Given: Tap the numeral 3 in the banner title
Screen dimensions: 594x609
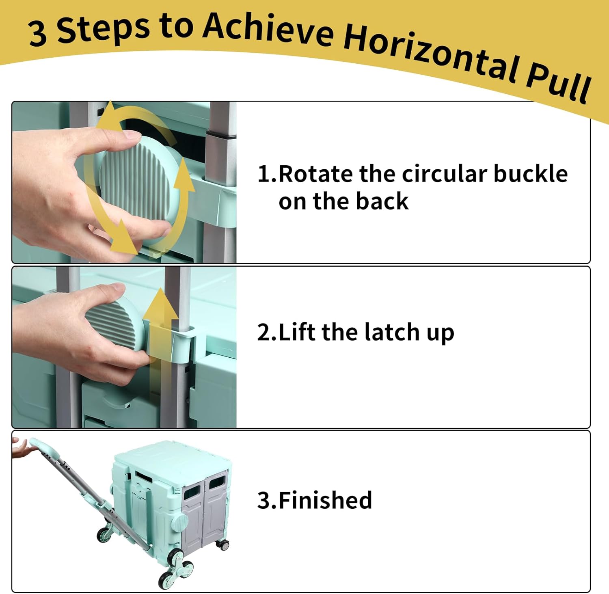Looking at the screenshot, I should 37,34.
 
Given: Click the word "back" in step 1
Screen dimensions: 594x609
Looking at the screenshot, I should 382,201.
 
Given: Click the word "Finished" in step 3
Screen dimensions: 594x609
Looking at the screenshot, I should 325,500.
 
